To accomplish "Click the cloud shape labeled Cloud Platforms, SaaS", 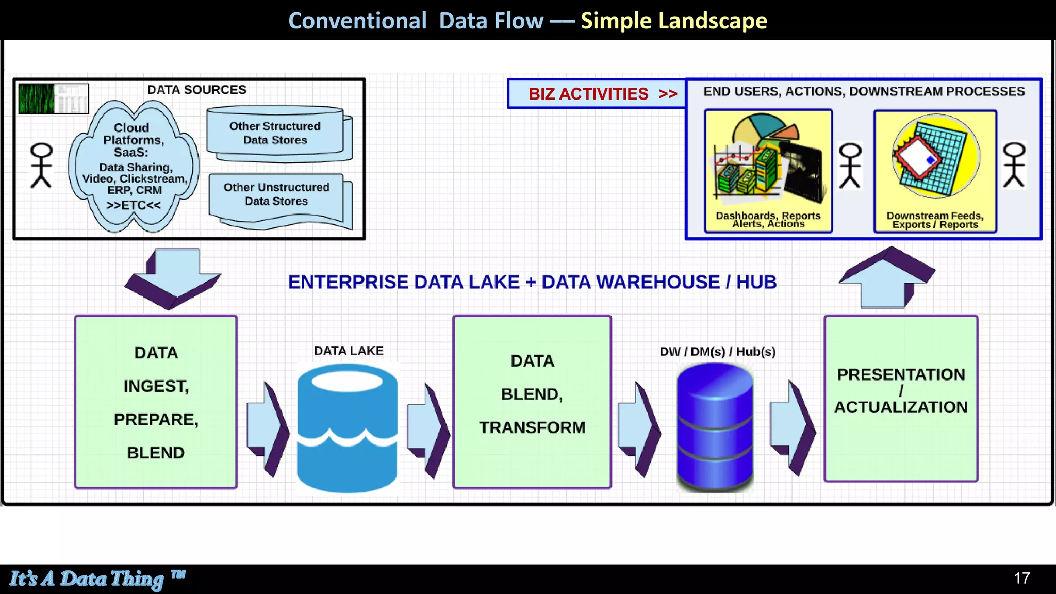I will click(x=133, y=166).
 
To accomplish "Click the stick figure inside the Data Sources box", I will click(x=41, y=165).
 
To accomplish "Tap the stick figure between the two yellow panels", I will click(x=850, y=165).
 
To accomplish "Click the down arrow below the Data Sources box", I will click(x=173, y=279).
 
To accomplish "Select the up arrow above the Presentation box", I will click(x=886, y=278).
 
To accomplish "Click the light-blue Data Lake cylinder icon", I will click(x=348, y=428).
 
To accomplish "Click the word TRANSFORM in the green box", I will click(x=532, y=427).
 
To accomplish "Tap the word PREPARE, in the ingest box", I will click(x=156, y=419).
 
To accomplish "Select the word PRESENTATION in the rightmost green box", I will click(x=900, y=374).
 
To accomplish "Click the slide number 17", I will click(x=1021, y=578).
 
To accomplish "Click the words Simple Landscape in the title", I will click(x=673, y=21).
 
